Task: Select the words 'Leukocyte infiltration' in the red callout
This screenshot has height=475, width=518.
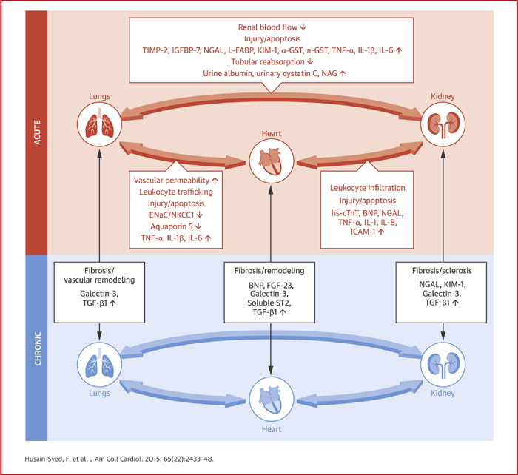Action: click(368, 188)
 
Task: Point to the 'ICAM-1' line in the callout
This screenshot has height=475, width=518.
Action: click(368, 231)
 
